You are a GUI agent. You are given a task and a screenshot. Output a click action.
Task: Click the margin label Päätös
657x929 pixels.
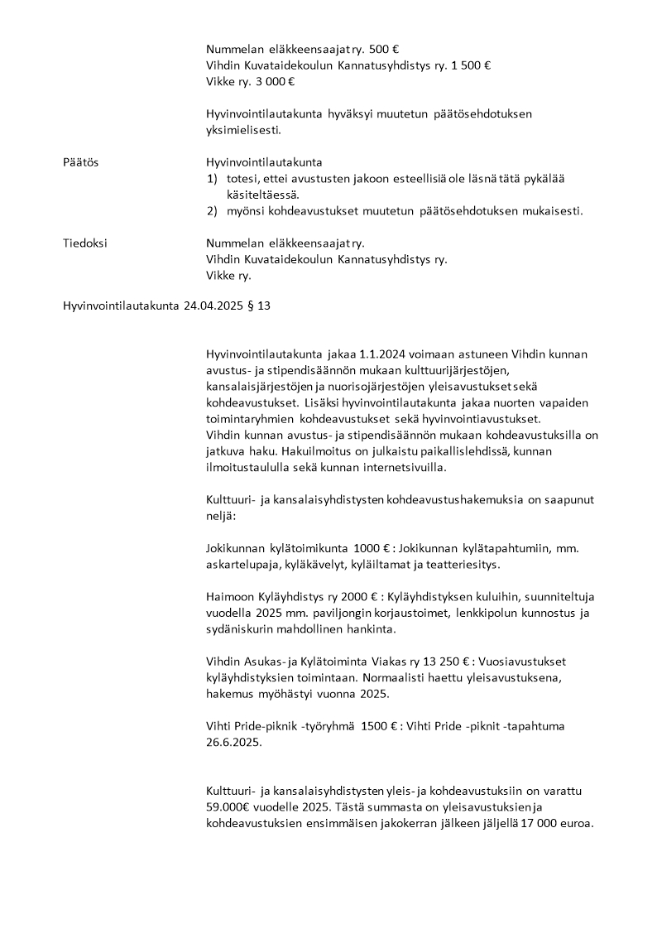tap(80, 162)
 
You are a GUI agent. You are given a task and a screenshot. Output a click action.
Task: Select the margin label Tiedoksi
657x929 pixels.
tap(85, 243)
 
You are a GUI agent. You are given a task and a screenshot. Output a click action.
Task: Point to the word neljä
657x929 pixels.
tap(220, 515)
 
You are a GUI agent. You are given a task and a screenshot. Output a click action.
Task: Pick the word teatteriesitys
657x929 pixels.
tap(463, 564)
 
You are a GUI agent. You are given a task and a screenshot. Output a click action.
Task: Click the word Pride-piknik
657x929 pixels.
tap(270, 725)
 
